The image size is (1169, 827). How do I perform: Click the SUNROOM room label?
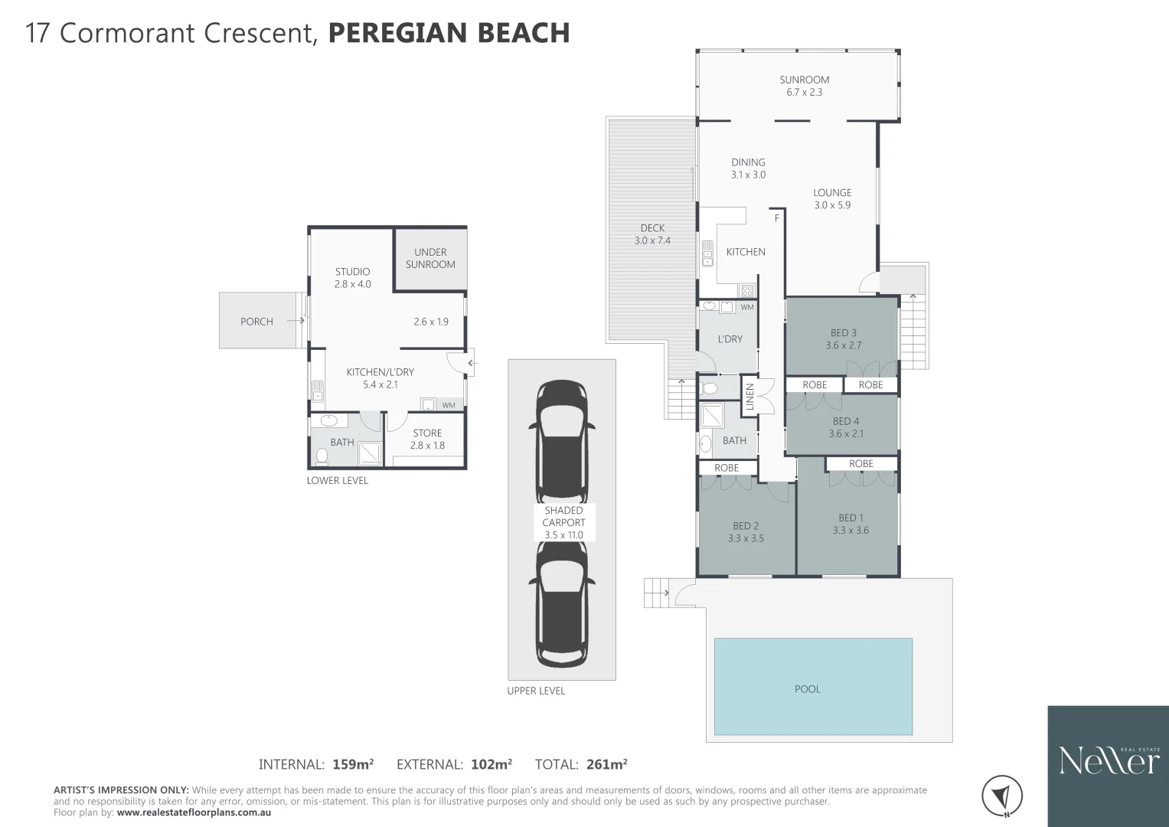pos(804,80)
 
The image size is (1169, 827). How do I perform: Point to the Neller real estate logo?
pos(1108,760)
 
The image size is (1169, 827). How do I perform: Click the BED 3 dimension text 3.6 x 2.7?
pos(843,345)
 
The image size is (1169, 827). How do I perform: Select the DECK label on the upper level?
pos(652,228)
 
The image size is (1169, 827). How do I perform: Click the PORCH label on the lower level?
pos(256,322)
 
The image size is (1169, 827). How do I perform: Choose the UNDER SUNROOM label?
pos(430,258)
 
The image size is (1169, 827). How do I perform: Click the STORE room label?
pos(427,433)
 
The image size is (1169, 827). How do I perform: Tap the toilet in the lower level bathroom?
pos(322,456)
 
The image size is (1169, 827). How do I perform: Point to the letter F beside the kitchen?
pos(776,218)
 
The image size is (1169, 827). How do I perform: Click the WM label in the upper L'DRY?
pos(747,308)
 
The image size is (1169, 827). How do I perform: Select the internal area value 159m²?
pos(353,764)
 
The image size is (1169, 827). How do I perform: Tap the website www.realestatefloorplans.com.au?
pos(194,812)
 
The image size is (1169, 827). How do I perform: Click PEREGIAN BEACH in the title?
pos(449,34)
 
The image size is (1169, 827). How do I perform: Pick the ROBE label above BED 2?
pos(727,468)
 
